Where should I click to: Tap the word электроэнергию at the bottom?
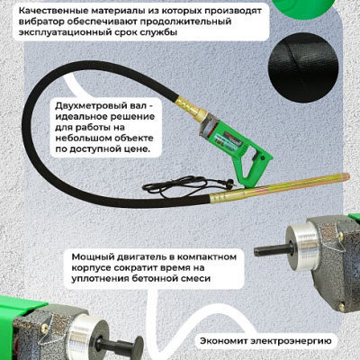coord(291,341)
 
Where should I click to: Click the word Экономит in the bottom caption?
coord(223,341)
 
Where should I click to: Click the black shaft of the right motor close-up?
coord(274,250)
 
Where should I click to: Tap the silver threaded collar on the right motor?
coord(302,248)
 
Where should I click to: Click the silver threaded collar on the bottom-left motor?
coord(85,331)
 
